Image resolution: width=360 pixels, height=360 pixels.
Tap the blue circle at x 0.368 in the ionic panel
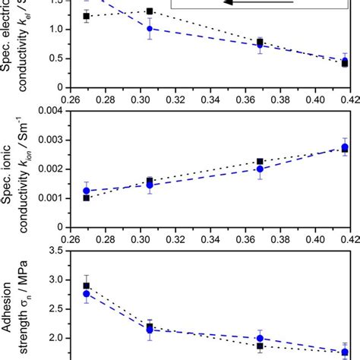[x=260, y=169]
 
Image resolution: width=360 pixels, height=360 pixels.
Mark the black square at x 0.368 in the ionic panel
[x=260, y=162]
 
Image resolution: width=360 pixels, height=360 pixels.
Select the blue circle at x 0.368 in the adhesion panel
[x=260, y=338]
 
